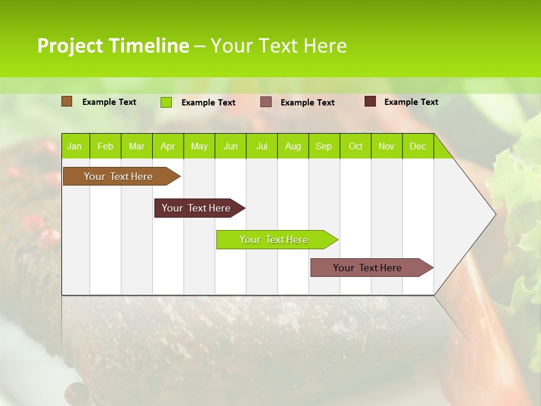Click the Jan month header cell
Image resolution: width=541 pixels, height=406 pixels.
75,146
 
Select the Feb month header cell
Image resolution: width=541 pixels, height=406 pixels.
105,146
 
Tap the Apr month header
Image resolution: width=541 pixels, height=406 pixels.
168,146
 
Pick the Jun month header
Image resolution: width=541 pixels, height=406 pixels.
230,146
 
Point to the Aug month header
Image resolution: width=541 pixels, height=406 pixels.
293,146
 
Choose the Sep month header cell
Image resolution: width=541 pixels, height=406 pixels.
324,146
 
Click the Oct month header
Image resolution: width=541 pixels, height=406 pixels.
356,146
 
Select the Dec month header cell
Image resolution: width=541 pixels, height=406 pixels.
418,146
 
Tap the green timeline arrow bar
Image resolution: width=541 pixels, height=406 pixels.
274,240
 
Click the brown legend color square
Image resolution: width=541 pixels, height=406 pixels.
67,101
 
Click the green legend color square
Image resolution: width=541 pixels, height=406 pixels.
166,102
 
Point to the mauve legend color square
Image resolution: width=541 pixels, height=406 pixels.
266,101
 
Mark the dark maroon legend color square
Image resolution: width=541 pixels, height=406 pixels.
370,101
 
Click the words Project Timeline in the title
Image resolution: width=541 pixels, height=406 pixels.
113,46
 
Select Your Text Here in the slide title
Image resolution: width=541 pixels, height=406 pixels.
278,46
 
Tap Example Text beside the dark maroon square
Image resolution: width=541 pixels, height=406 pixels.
411,102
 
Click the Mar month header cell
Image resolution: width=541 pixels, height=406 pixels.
136,146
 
